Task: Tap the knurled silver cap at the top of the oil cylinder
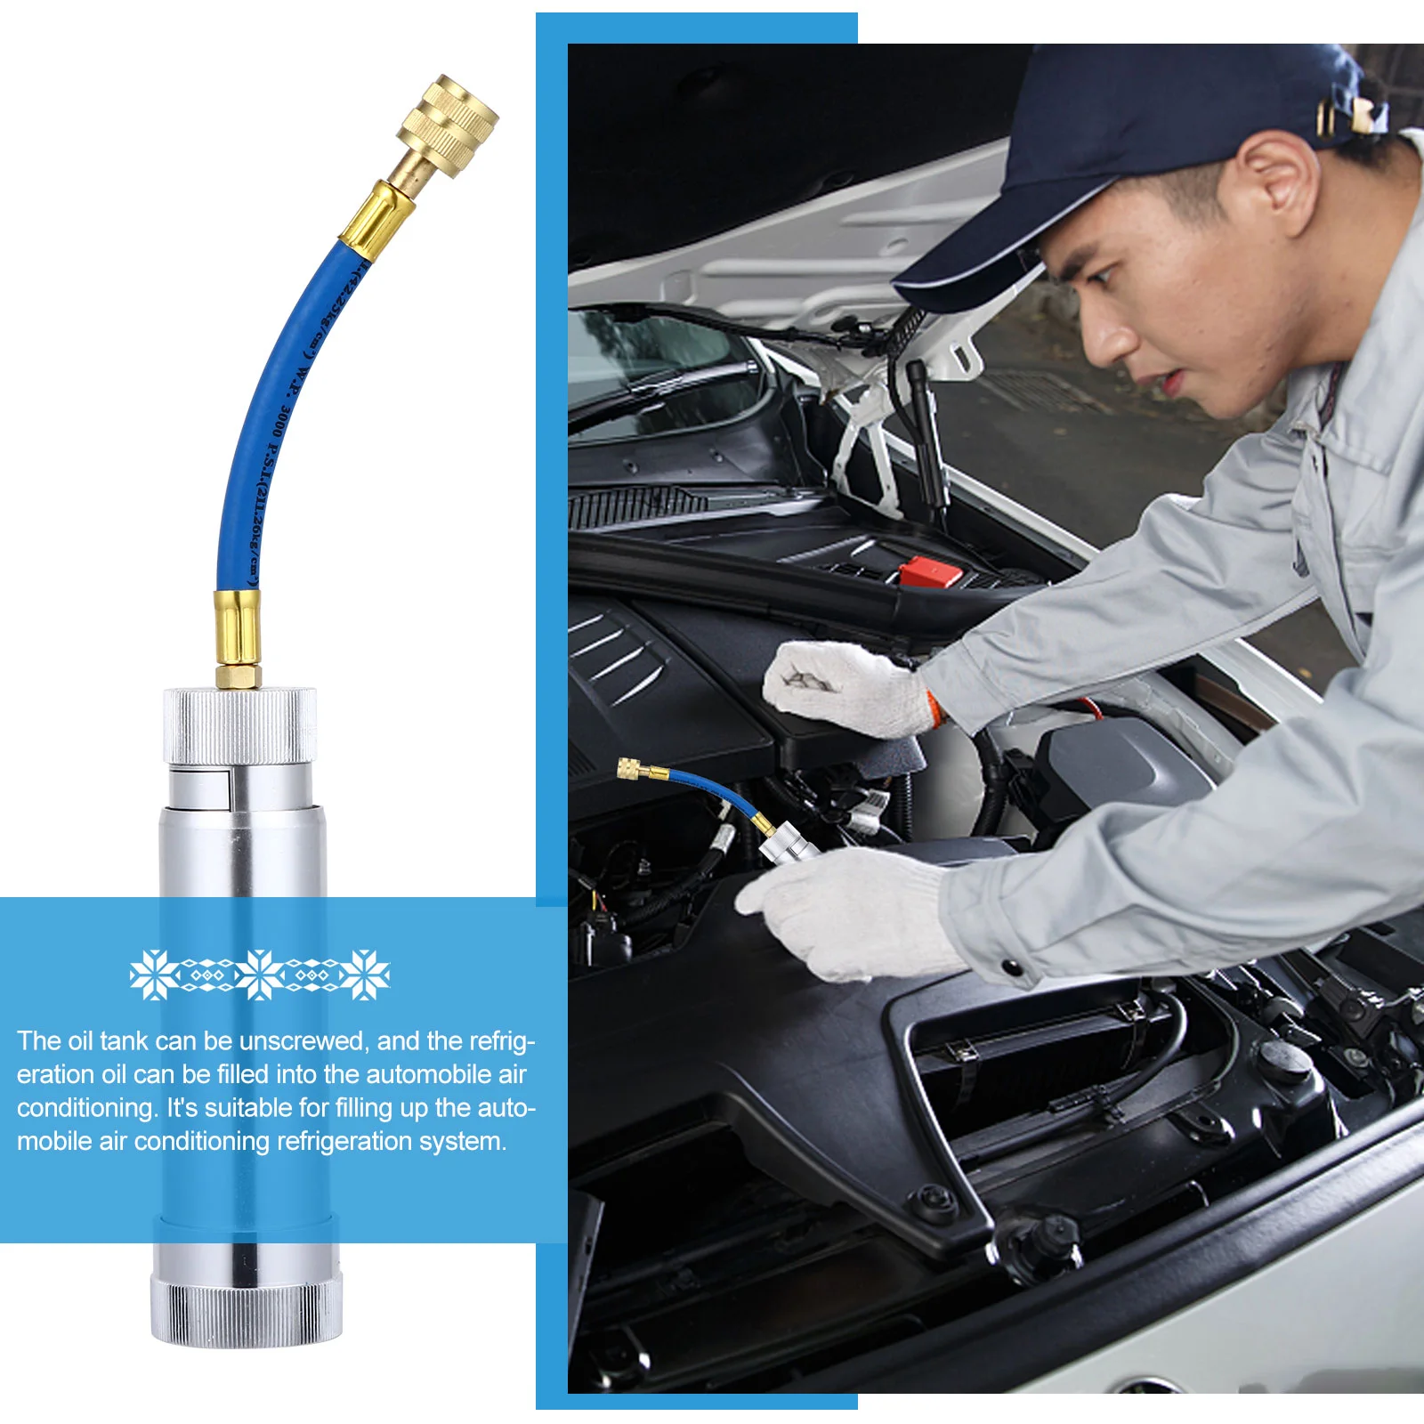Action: click(x=239, y=724)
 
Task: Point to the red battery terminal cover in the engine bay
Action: click(x=929, y=570)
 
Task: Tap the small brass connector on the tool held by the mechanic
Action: click(x=631, y=767)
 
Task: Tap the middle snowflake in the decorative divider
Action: click(x=260, y=975)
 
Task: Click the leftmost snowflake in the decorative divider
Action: click(x=153, y=975)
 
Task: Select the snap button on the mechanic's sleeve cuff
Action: click(x=1010, y=967)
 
